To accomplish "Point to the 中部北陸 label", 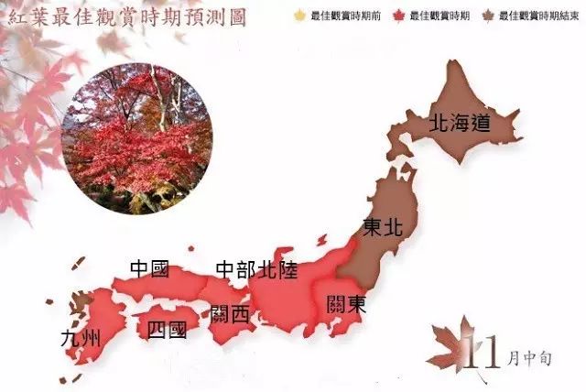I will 256,269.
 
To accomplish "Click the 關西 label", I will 229,314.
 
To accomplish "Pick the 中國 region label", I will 150,269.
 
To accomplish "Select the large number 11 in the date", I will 483,351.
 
